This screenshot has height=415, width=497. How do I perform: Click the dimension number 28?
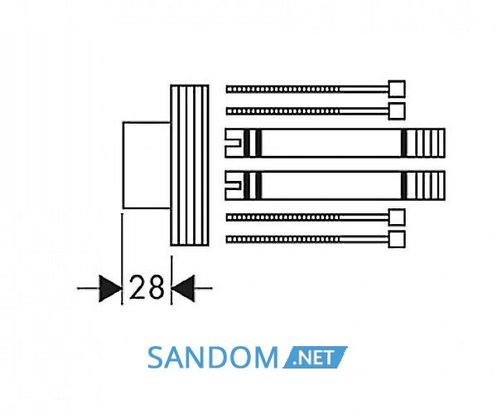point(147,288)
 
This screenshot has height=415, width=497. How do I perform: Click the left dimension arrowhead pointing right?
point(110,289)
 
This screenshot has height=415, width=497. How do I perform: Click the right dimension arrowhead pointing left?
point(182,288)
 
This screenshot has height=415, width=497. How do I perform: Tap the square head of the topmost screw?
point(397,89)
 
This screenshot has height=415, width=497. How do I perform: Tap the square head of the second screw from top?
point(397,111)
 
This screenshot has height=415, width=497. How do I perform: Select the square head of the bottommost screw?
point(397,239)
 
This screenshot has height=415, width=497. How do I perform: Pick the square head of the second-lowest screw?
point(397,217)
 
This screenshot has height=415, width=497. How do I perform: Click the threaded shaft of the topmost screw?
point(282,89)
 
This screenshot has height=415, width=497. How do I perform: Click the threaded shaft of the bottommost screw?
point(282,239)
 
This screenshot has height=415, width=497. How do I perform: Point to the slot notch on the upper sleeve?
point(234,143)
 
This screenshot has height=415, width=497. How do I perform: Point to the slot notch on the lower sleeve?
point(234,185)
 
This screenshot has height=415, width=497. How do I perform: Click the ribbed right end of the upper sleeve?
point(426,143)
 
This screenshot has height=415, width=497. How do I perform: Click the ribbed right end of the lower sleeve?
point(426,186)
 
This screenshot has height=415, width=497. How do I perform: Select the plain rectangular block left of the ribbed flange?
point(147,165)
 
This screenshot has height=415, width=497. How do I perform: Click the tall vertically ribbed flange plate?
point(190,165)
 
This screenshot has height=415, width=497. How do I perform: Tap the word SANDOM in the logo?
point(212,358)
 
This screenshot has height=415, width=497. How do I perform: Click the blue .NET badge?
point(315,358)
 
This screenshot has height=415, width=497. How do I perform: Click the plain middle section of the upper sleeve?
point(331,143)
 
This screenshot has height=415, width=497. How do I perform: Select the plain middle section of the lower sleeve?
point(331,186)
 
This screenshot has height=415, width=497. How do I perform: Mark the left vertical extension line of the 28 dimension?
point(122,259)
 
